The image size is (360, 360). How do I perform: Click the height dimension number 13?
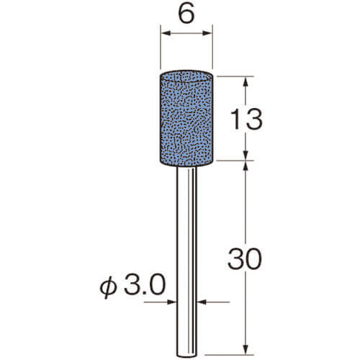[246, 120]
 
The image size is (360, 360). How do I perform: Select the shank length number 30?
[245, 258]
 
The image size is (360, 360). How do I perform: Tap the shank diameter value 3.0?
[145, 285]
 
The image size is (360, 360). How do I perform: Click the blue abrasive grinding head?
[186, 118]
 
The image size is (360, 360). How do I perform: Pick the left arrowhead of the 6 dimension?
[166, 33]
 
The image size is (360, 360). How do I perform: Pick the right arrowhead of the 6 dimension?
[207, 33]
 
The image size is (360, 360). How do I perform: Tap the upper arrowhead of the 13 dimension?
[246, 82]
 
